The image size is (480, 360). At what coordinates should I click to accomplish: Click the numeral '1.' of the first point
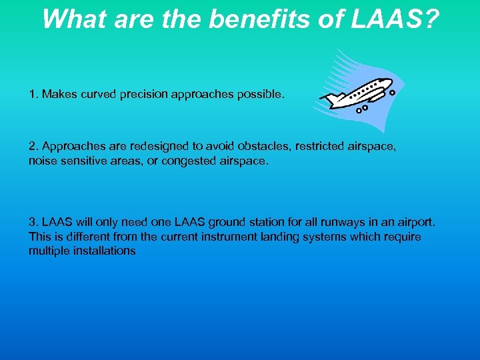(x=33, y=95)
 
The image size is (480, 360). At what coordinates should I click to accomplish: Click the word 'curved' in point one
(x=99, y=95)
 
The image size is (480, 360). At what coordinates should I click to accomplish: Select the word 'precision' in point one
(x=142, y=95)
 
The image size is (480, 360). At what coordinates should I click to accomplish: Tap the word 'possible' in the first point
(x=258, y=95)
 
